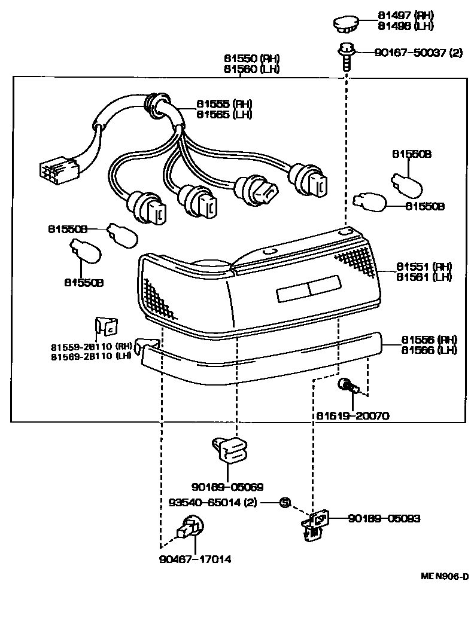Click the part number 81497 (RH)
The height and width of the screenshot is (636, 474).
pos(405,15)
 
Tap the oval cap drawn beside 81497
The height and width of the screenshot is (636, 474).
pos(346,25)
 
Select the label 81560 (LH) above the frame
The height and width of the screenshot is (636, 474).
pos(252,69)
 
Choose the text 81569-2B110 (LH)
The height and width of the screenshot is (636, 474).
pos(91,356)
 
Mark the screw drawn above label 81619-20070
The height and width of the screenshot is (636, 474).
pos(347,387)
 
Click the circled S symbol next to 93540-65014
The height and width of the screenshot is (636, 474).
pos(285,503)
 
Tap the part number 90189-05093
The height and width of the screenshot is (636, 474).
pos(384,518)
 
